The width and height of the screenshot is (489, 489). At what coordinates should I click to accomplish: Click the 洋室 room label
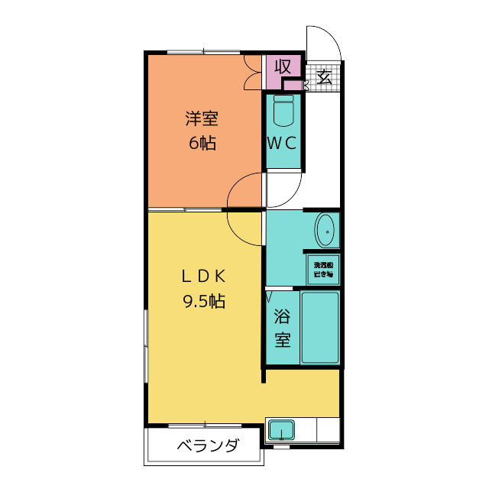coord(202,118)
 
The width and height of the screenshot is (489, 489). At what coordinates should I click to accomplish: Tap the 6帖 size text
coord(202,142)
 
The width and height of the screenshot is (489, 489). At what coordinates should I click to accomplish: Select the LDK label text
coord(202,276)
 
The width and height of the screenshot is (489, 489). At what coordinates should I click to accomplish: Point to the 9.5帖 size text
coord(202,301)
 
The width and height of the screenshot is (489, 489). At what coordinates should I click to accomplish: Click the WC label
coord(281,142)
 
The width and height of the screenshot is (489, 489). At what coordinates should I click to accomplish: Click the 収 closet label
coord(283,66)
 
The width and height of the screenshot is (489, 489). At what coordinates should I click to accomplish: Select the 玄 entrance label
coord(324,76)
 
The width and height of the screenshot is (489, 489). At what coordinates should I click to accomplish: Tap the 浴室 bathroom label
coord(283,327)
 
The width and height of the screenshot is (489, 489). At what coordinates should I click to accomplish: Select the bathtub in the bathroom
coord(319,326)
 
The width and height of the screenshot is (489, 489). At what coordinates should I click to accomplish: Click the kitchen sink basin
coord(281,430)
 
